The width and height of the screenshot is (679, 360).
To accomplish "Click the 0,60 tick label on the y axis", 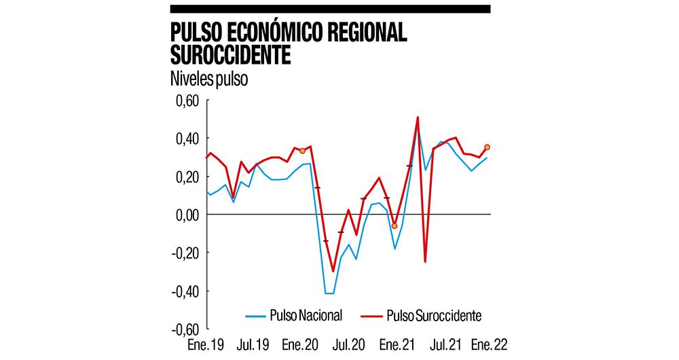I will (x=185, y=101).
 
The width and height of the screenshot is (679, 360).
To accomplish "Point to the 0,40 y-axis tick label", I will (x=185, y=139).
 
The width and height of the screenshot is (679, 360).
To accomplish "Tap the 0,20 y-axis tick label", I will (x=185, y=177).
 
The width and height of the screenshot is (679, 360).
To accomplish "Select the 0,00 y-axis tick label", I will (x=185, y=215).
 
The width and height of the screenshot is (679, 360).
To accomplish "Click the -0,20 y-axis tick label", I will (x=183, y=253).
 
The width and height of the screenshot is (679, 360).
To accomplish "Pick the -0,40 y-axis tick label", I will (x=183, y=291).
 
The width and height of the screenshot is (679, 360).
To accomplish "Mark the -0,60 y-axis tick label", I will (x=183, y=329).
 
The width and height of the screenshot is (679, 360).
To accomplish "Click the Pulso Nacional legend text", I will (x=306, y=315).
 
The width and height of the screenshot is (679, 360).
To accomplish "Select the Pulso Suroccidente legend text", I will (x=434, y=315).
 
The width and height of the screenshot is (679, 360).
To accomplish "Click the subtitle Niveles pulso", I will (x=209, y=79).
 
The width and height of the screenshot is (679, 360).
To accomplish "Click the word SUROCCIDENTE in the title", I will (x=230, y=55).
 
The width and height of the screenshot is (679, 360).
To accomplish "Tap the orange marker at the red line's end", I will (x=487, y=147).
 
